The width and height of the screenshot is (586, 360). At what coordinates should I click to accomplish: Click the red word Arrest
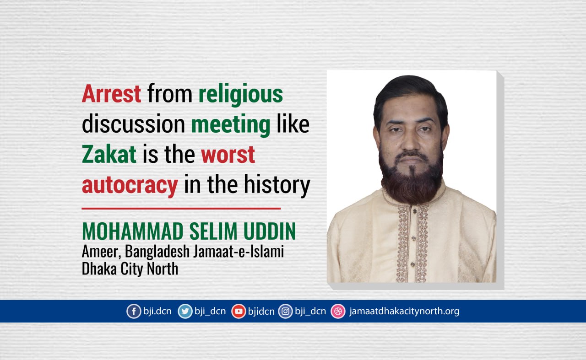click(x=111, y=93)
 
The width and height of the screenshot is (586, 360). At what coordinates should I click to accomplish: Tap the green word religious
click(x=241, y=95)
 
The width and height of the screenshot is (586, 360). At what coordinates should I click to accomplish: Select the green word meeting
click(x=231, y=125)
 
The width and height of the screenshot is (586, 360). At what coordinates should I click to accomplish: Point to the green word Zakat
click(x=109, y=154)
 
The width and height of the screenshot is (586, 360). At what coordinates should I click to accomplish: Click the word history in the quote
click(x=277, y=184)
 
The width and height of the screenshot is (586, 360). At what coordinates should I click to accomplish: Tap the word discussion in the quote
click(x=133, y=124)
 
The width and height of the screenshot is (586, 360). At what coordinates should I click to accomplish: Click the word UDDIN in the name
click(x=270, y=231)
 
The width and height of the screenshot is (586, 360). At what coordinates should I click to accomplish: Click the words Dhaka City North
click(x=130, y=269)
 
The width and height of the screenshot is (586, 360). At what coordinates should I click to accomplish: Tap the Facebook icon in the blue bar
click(x=134, y=311)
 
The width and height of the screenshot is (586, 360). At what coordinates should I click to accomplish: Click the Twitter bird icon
click(x=185, y=311)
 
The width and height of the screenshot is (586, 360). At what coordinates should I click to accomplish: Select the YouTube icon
click(x=239, y=311)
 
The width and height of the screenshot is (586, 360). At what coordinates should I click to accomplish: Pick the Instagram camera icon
click(x=285, y=311)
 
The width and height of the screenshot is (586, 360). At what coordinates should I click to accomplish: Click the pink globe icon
click(x=338, y=311)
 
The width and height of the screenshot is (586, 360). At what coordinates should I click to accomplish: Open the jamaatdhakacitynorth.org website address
click(x=404, y=312)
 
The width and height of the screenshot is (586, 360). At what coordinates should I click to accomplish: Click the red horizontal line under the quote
click(x=181, y=209)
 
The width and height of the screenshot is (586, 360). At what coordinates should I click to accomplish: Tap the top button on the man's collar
click(x=414, y=211)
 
